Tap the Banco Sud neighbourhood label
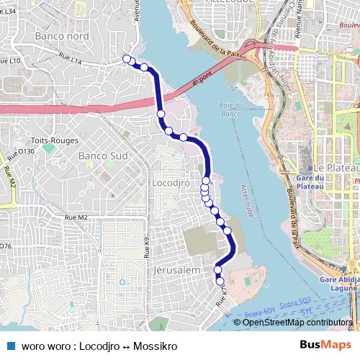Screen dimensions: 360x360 pyautogui.click(x=103, y=156)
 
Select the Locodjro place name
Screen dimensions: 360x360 pyautogui.click(x=171, y=184)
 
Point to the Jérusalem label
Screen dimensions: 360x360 pyautogui.click(x=176, y=269)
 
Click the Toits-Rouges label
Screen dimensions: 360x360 pyautogui.click(x=50, y=141)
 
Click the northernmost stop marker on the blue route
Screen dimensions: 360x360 pyautogui.click(x=127, y=59)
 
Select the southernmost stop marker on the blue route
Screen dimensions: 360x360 pyautogui.click(x=220, y=282)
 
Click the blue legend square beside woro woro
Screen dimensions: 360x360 pyautogui.click(x=10, y=346)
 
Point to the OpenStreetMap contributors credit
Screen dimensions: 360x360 pyautogui.click(x=298, y=323)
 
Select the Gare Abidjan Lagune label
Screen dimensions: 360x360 pyautogui.click(x=338, y=284)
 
